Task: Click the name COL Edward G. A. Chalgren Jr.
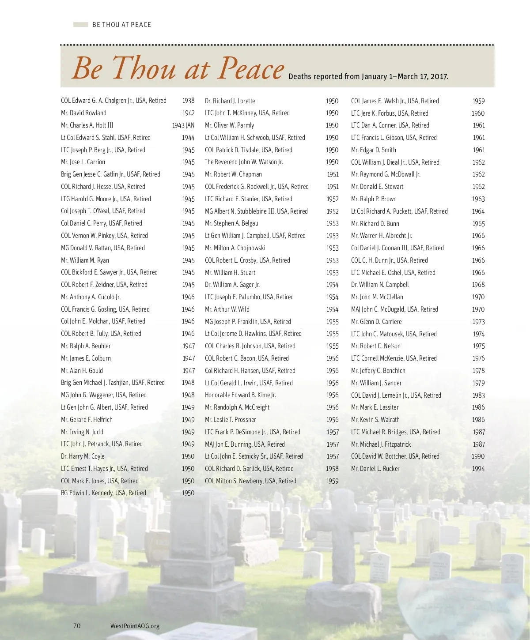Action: (114, 101)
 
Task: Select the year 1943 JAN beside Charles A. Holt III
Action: (183, 125)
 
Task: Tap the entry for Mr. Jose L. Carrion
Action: (83, 162)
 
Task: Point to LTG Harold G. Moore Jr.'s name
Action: (106, 199)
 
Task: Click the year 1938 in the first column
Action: (188, 101)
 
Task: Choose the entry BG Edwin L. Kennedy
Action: (103, 493)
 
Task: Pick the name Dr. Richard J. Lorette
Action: (230, 101)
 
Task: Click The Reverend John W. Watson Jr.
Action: (244, 162)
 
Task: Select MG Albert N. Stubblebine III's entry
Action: (256, 211)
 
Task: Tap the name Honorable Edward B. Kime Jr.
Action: (240, 395)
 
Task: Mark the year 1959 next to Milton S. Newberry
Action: (332, 481)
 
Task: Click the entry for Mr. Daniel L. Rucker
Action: (375, 469)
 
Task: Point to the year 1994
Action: (478, 469)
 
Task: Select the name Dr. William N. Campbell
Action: (380, 285)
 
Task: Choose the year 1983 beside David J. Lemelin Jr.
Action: (478, 395)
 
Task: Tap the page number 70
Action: (77, 626)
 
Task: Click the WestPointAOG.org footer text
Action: (135, 626)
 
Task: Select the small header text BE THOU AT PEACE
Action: (121, 25)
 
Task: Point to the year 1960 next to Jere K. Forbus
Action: (478, 113)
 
